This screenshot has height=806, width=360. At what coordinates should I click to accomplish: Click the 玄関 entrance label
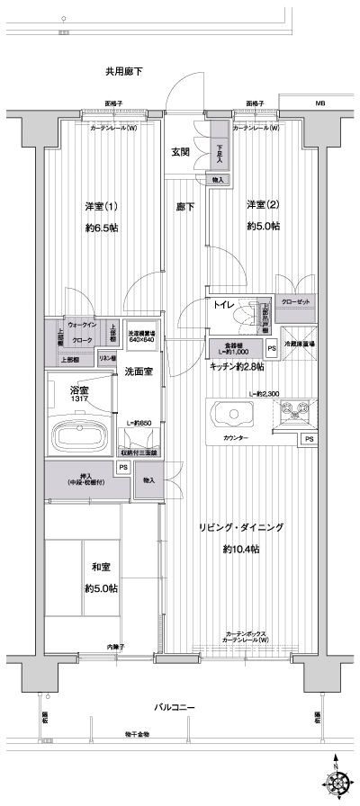[180, 153]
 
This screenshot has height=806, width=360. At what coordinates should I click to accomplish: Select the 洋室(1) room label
[102, 205]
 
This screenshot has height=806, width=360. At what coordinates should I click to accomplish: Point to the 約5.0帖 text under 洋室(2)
[263, 227]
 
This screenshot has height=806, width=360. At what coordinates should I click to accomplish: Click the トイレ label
[224, 306]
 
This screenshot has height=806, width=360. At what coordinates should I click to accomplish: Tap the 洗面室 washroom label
[138, 372]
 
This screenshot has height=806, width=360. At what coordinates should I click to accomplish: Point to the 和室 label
[101, 569]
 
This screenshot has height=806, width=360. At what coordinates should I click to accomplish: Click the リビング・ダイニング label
[241, 528]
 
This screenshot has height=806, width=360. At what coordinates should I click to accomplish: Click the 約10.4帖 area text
[241, 550]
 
